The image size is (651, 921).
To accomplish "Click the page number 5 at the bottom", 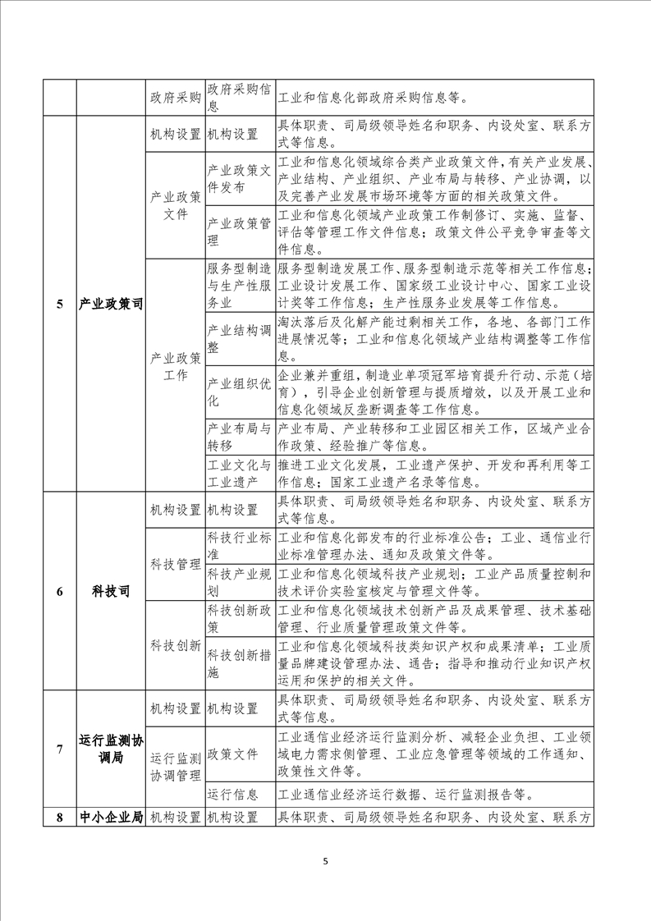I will (x=326, y=861).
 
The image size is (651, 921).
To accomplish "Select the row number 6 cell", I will (x=59, y=591).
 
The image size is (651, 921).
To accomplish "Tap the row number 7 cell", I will (x=59, y=749).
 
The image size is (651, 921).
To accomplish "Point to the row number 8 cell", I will (x=59, y=817).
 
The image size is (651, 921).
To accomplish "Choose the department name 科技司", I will (x=111, y=591).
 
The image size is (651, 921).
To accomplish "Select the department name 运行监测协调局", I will (x=111, y=749).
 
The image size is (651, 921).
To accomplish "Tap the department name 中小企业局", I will (x=111, y=817).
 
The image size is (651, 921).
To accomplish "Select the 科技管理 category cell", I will (x=175, y=565).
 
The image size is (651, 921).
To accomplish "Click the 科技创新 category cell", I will (x=175, y=646).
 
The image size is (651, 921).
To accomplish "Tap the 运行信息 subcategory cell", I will (x=233, y=794).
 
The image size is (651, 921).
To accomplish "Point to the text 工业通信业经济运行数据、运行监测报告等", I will (x=406, y=794).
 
